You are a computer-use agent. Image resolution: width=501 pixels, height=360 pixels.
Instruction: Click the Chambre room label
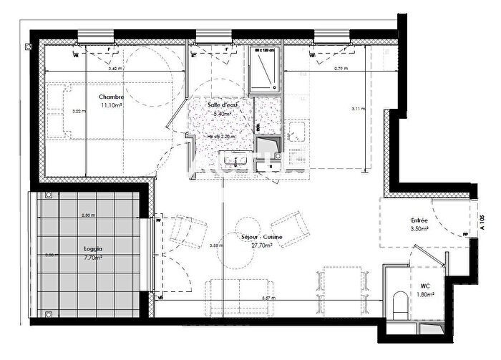coord(111,97)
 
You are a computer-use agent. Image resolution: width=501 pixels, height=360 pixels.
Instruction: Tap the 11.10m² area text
coord(111,105)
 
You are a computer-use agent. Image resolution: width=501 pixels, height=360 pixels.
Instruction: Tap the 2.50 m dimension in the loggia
coord(89,215)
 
